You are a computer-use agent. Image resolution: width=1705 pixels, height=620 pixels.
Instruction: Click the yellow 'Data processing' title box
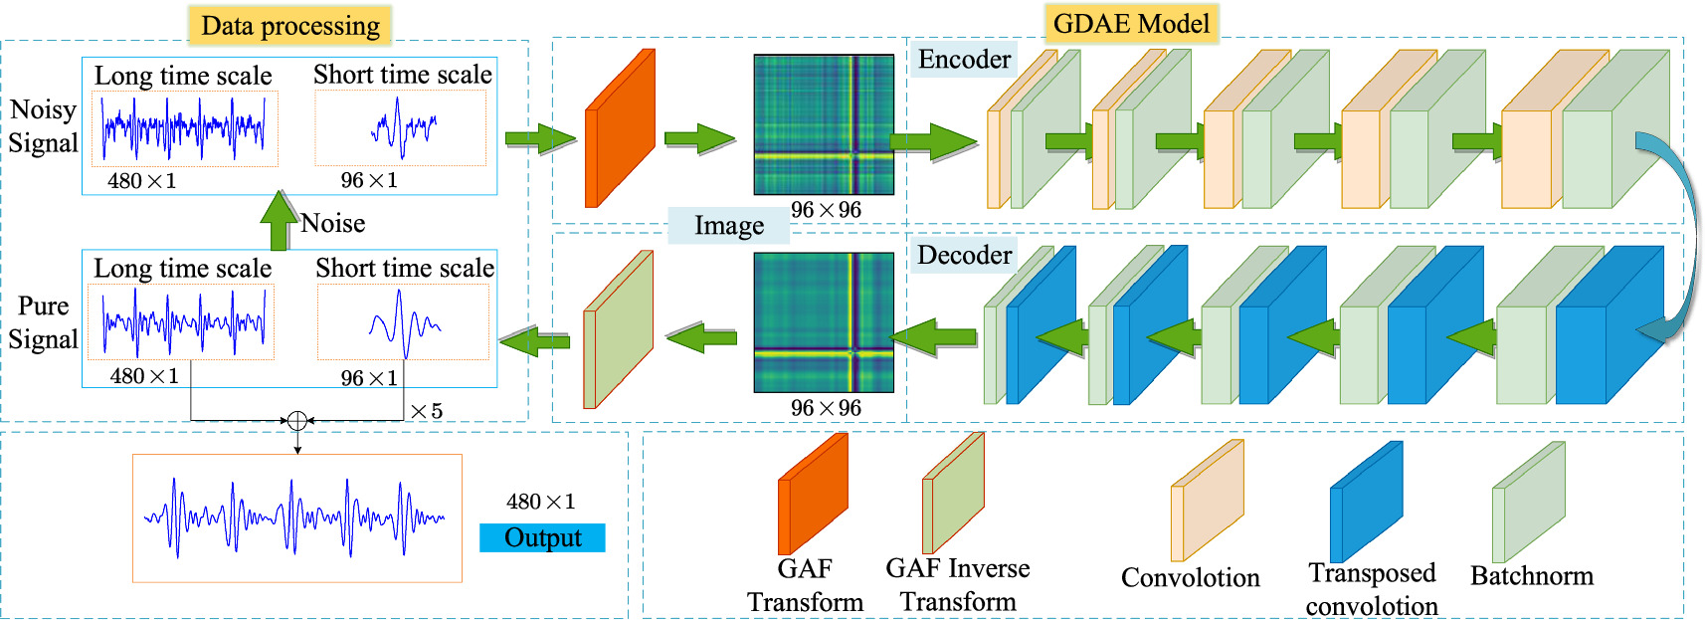click(290, 25)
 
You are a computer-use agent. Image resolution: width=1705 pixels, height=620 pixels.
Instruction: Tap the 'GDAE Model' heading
click(1131, 23)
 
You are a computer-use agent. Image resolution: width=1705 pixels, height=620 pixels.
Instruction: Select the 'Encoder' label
click(963, 60)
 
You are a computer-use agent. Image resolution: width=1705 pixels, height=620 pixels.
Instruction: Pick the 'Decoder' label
click(963, 255)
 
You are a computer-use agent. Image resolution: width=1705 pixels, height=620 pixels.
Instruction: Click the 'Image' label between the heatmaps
click(728, 226)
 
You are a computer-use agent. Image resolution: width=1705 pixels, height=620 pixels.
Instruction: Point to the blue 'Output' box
click(542, 537)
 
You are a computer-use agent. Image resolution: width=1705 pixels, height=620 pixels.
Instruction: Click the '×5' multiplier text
click(426, 411)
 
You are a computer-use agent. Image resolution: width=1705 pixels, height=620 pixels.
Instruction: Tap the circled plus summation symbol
click(296, 421)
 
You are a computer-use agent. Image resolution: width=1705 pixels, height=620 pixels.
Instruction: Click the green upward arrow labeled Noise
click(279, 219)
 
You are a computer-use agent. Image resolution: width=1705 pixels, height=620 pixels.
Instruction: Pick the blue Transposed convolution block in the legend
click(1366, 501)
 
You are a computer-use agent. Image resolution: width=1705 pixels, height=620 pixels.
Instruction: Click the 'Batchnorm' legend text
click(1531, 576)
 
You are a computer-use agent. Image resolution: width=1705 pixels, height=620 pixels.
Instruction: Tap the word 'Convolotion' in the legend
click(1190, 578)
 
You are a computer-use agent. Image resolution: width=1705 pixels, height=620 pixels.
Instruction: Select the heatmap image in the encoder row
click(824, 124)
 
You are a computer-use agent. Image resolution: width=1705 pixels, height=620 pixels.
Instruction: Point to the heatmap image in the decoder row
click(824, 322)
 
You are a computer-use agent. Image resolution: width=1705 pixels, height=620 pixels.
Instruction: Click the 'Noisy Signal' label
click(43, 126)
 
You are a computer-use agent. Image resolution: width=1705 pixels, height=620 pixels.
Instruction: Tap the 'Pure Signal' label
click(43, 322)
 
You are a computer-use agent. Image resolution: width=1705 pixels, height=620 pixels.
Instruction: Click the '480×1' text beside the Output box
click(540, 502)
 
